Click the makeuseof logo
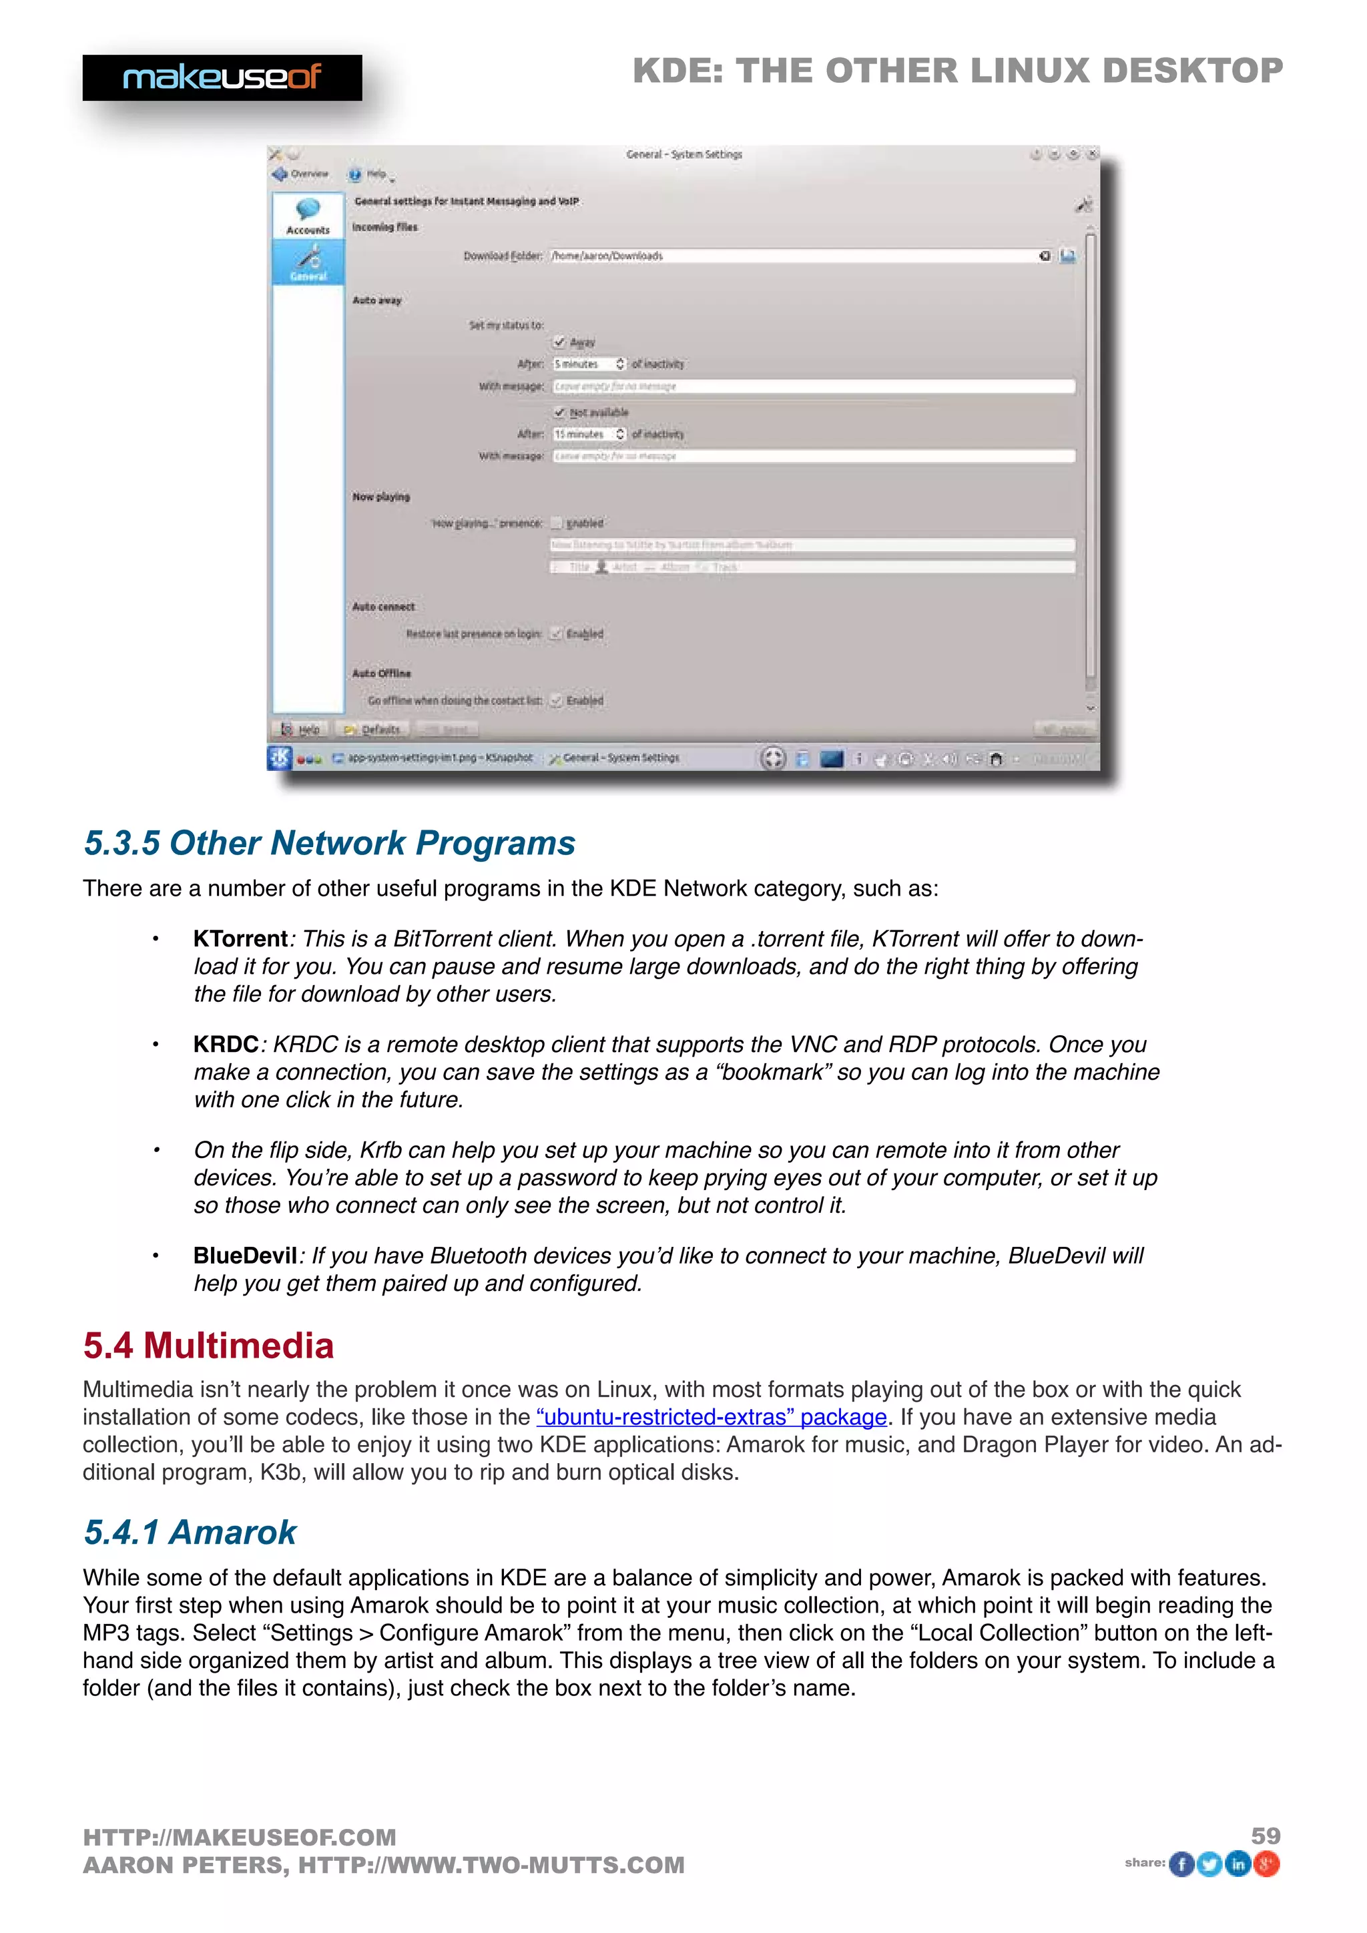(x=222, y=77)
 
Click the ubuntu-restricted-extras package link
(x=712, y=1417)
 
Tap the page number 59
(x=1265, y=1836)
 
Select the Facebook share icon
(x=1182, y=1864)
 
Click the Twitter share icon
(x=1209, y=1864)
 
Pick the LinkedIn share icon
(x=1238, y=1864)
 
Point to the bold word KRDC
(x=226, y=1044)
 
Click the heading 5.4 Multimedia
(x=208, y=1346)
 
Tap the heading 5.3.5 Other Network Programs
(x=329, y=843)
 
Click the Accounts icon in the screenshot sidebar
(x=308, y=216)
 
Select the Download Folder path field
(x=791, y=256)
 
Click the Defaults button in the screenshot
(x=373, y=729)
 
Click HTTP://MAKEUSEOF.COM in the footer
(x=239, y=1837)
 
